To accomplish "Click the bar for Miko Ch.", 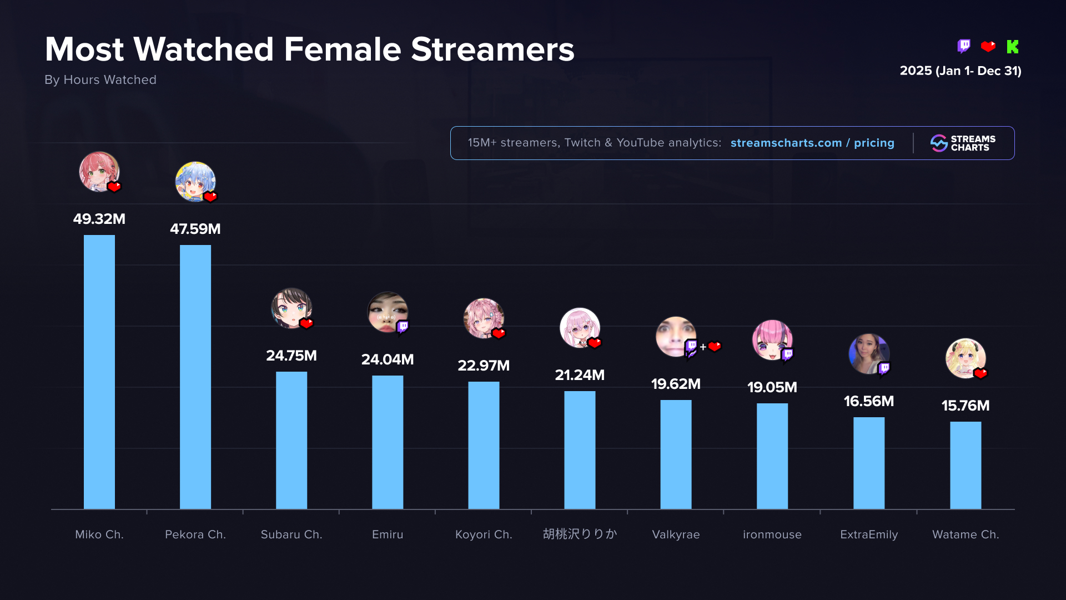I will [99, 372].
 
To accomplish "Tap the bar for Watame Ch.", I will [966, 465].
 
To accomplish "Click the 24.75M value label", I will [291, 356].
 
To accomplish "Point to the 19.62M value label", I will [676, 384].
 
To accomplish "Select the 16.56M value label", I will [869, 401].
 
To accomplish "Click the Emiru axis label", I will [388, 534].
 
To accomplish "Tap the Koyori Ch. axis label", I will [484, 534].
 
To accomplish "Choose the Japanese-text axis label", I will [580, 534].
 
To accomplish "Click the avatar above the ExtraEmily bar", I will [868, 354].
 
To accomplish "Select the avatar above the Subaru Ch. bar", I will [291, 308].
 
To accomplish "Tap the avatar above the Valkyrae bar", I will [675, 337].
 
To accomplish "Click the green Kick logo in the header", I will [1013, 47].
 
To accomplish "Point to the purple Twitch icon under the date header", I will [964, 46].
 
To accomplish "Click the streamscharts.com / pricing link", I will [812, 143].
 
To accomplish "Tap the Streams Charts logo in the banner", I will [963, 143].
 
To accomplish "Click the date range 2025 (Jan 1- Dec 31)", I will [961, 71].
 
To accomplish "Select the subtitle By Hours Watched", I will [100, 79].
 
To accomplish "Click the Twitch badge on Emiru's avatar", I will [403, 327].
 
